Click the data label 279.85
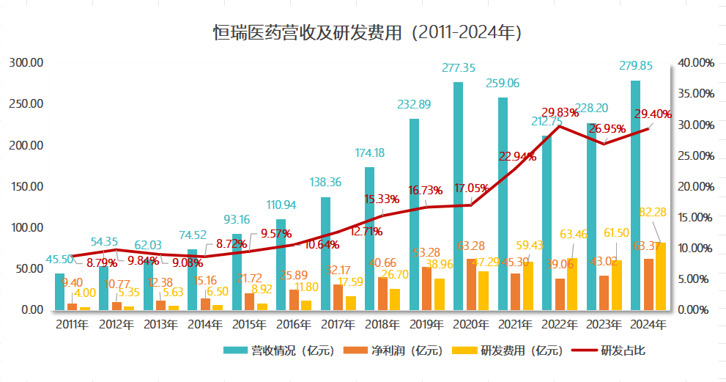pos(640,67)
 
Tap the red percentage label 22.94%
pos(518,155)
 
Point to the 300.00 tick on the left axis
pos(27,63)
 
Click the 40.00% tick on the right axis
pos(696,63)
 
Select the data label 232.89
pos(414,104)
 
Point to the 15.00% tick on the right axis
pos(696,217)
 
